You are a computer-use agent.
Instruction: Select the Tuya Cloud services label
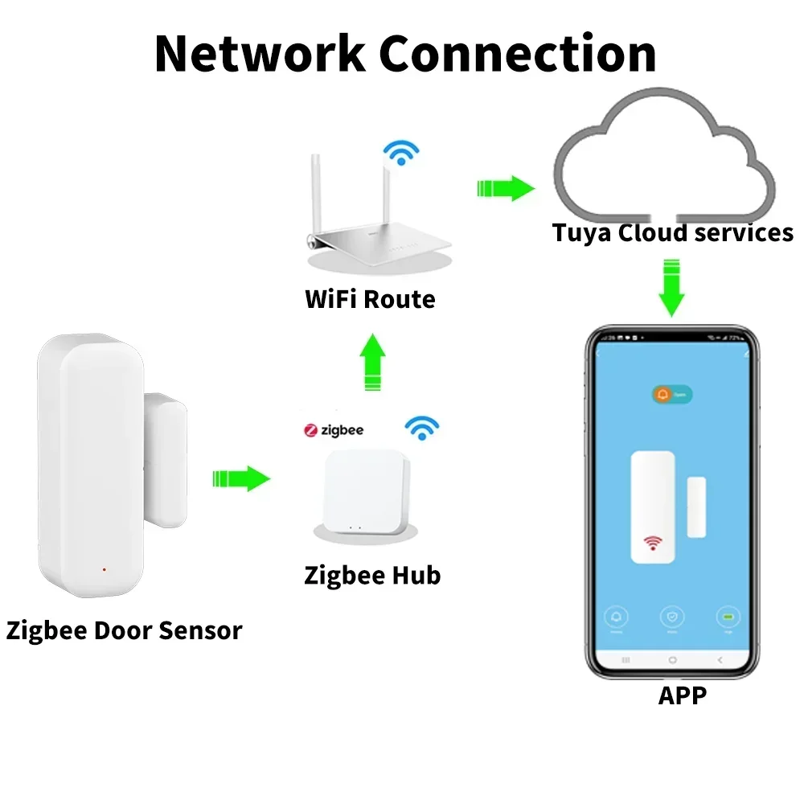[672, 232]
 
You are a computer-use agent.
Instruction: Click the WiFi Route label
[370, 300]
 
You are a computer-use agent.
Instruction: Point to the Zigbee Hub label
[372, 576]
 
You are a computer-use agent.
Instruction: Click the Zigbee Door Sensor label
[124, 630]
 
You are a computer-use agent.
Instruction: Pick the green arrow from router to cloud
[506, 189]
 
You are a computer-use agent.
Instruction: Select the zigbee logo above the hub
[334, 430]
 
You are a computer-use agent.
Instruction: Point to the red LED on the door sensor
[104, 569]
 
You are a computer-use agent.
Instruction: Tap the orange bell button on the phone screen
[664, 395]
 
